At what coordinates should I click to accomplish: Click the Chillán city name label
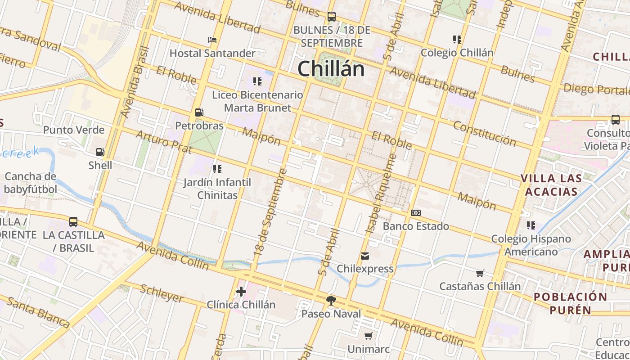click(331, 69)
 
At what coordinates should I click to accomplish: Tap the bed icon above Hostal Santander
click(212, 40)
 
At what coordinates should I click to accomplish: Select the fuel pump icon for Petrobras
click(199, 112)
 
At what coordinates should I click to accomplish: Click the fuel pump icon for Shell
click(100, 152)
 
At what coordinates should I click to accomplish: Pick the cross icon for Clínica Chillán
click(241, 292)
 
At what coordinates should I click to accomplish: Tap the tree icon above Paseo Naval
click(331, 300)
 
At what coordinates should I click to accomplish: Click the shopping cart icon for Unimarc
click(369, 336)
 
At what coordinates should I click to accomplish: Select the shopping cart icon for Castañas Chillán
click(480, 273)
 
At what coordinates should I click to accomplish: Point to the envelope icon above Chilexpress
click(364, 256)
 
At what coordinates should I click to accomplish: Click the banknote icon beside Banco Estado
click(416, 213)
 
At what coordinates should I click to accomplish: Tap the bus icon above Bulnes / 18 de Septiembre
click(332, 17)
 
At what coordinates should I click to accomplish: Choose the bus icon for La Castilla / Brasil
click(73, 222)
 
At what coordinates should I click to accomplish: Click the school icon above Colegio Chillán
click(457, 40)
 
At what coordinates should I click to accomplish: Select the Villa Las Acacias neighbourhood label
click(551, 185)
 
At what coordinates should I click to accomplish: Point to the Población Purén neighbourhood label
click(570, 303)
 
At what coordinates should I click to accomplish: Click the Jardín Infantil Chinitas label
click(217, 189)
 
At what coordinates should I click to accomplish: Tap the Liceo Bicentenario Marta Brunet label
click(257, 101)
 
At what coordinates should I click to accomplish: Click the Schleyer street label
click(162, 293)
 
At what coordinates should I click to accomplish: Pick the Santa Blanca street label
click(38, 312)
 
